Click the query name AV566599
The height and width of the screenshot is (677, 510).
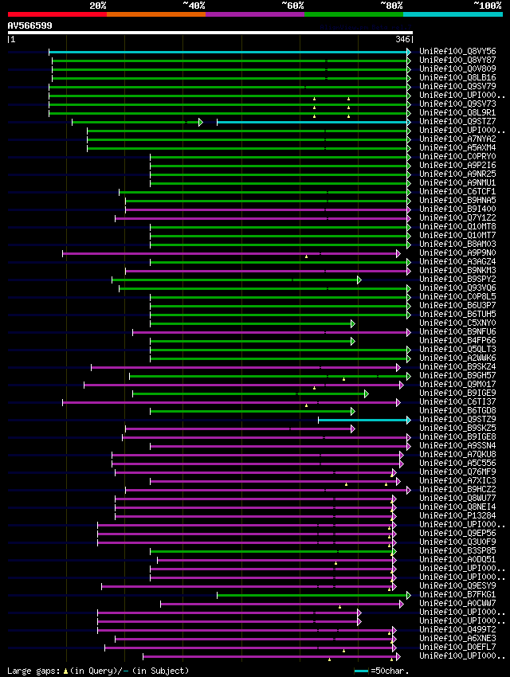coord(30,25)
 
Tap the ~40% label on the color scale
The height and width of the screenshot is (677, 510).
coord(194,5)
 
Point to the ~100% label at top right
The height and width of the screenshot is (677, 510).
coord(487,5)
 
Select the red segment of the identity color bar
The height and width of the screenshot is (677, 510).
coord(57,14)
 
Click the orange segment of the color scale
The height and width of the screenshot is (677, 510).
coord(155,14)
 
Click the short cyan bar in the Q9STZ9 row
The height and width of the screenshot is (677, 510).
coord(363,420)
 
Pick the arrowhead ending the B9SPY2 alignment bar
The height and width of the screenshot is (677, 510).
coord(359,280)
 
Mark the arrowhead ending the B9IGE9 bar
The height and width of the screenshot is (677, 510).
coord(366,393)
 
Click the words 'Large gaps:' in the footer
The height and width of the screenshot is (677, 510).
coord(33,671)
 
